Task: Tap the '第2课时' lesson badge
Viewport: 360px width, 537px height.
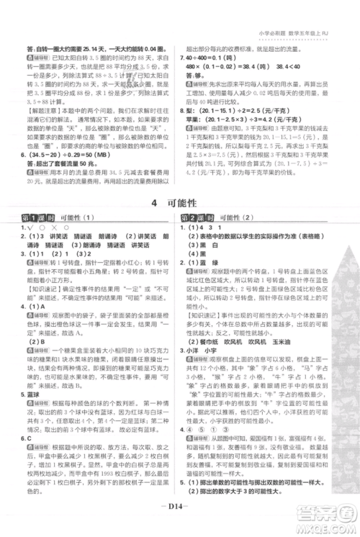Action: pyautogui.click(x=193, y=218)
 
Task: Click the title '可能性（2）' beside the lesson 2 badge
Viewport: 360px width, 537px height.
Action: pyautogui.click(x=237, y=218)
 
